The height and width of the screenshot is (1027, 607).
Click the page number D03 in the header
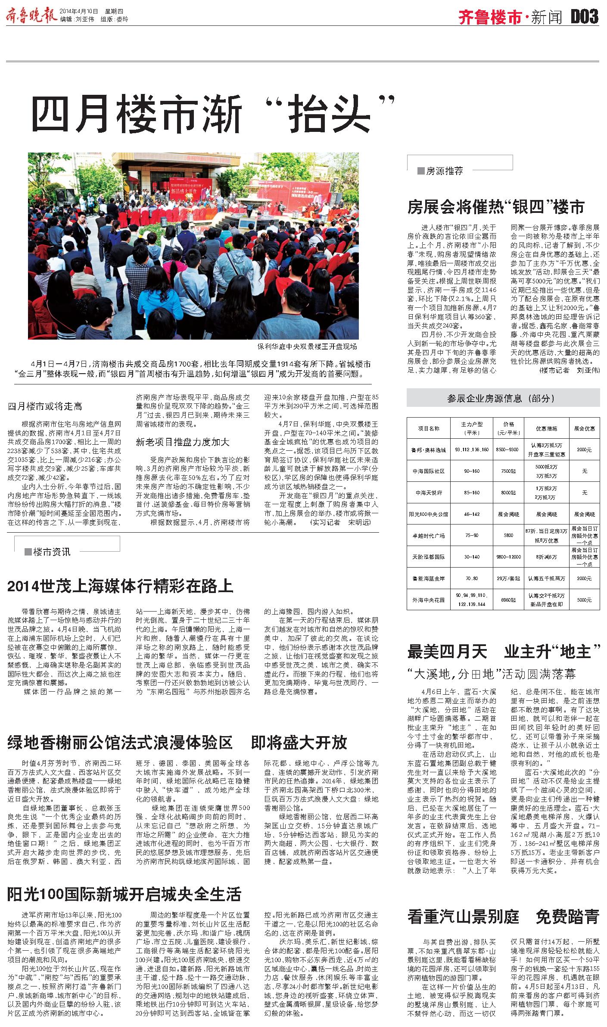point(585,17)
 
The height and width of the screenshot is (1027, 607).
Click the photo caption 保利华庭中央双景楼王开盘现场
point(307,346)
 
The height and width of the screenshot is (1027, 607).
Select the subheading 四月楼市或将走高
point(45,406)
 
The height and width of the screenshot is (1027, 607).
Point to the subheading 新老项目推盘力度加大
point(183,442)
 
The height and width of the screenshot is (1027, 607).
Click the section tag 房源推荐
point(444,171)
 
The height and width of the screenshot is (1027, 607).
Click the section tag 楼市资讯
point(51,552)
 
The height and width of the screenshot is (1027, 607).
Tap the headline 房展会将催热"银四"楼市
point(496,207)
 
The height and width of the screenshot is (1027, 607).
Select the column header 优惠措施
point(546,428)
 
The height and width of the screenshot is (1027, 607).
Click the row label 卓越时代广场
point(428,535)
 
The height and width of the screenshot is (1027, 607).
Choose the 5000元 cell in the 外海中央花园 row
point(584,599)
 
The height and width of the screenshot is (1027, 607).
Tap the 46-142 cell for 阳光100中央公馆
point(472,514)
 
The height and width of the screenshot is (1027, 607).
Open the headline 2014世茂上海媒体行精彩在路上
point(120,586)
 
